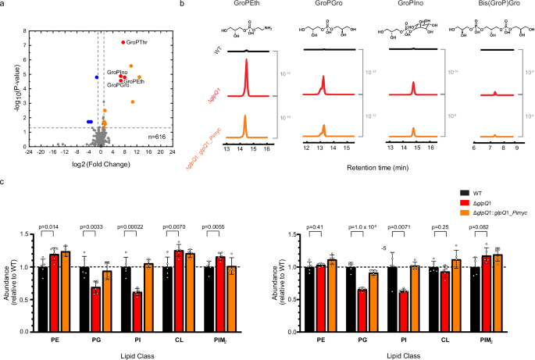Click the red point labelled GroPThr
pyautogui.click(x=123, y=41)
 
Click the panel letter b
pyautogui.click(x=182, y=5)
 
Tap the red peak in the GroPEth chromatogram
pyautogui.click(x=246, y=82)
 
